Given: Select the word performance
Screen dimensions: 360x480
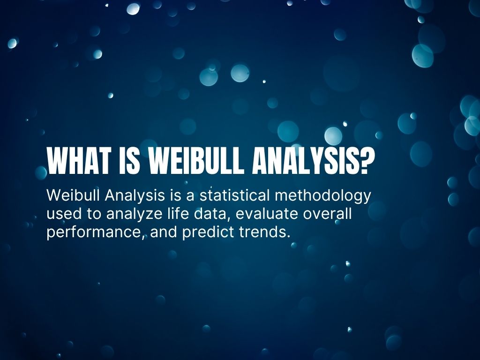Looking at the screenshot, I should [x=94, y=232].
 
